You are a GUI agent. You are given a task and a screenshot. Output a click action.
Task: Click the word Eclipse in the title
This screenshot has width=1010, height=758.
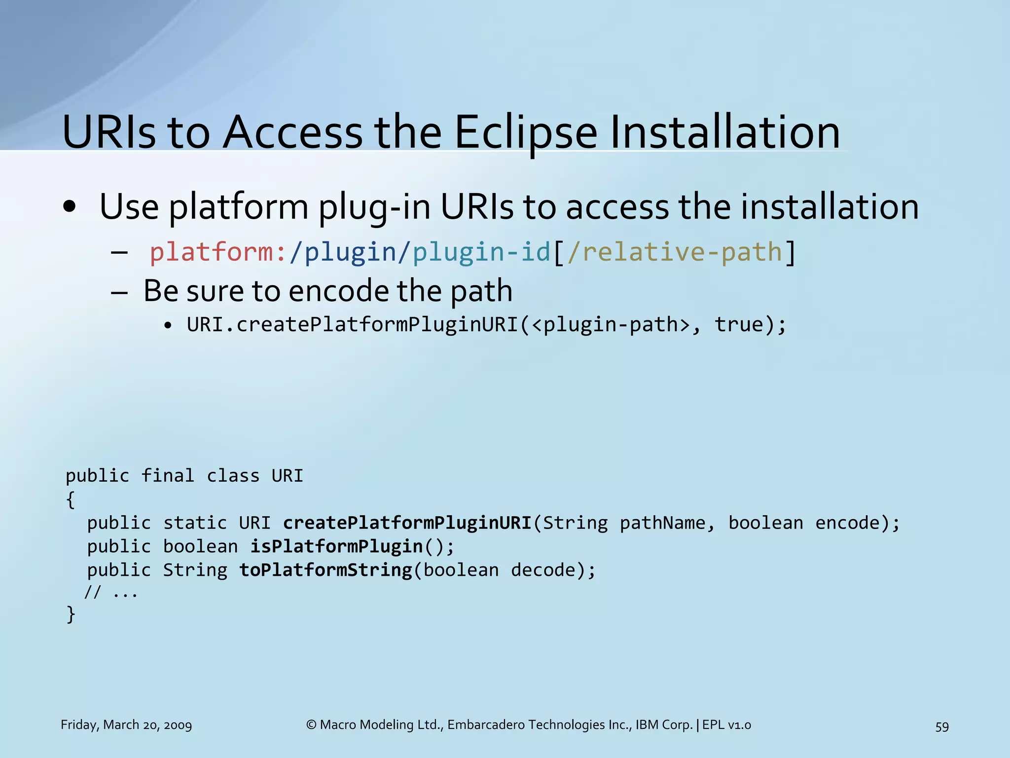[525, 133]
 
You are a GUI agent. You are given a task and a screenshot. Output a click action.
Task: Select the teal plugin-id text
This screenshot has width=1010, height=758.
[481, 252]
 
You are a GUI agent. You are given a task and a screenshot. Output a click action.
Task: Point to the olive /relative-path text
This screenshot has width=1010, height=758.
[675, 252]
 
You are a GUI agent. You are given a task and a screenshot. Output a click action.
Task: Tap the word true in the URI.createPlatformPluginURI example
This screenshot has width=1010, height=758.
[739, 325]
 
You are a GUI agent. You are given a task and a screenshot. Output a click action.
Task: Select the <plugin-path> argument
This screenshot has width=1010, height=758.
[611, 325]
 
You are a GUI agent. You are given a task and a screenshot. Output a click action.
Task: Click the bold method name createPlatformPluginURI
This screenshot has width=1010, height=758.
[407, 523]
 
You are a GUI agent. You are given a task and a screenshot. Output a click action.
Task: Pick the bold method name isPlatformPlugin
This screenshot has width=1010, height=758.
[337, 547]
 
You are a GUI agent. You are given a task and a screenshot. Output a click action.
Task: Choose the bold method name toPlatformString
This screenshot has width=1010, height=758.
[326, 570]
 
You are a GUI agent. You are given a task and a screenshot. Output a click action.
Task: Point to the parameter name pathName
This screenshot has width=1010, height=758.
[662, 523]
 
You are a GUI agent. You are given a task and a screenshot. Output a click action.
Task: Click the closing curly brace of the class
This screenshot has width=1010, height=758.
[71, 615]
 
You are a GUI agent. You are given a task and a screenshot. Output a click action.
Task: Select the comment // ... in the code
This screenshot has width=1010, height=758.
[111, 592]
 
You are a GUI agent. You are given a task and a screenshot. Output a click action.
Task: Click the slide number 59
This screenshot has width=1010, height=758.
[942, 726]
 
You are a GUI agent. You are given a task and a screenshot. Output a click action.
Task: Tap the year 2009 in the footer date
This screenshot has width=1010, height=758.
[178, 725]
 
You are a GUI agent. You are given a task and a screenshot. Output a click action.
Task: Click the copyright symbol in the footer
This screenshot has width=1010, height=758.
[311, 725]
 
